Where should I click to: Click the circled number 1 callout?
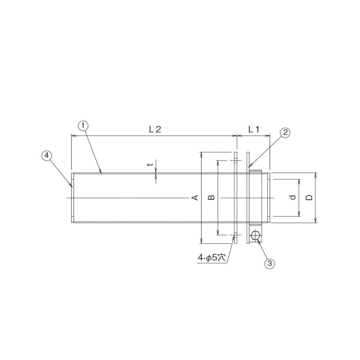[x=83, y=125]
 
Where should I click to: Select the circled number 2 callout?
[x=285, y=132]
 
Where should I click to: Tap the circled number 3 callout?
[x=270, y=263]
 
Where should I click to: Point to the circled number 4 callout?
[x=47, y=156]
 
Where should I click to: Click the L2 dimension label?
[x=155, y=130]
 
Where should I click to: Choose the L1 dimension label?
[x=254, y=130]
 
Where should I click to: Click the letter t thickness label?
[x=150, y=164]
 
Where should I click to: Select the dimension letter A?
[x=195, y=197]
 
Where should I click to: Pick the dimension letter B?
[x=212, y=197]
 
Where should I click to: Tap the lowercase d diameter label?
[x=292, y=197]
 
